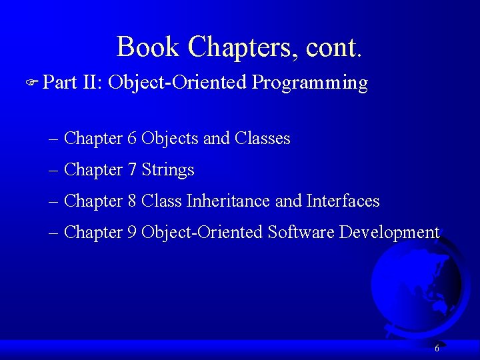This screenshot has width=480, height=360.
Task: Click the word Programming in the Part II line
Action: [310, 83]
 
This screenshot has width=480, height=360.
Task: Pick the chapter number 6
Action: [132, 139]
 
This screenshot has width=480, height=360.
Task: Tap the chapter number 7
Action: [132, 170]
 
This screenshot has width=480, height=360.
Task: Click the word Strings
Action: [168, 170]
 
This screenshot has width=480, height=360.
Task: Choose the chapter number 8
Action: [132, 201]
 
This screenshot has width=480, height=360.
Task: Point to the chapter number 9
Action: [132, 232]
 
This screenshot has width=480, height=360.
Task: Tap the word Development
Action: [389, 232]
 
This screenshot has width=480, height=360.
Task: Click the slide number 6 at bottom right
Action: [437, 348]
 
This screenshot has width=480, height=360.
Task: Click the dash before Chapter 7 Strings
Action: [53, 171]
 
